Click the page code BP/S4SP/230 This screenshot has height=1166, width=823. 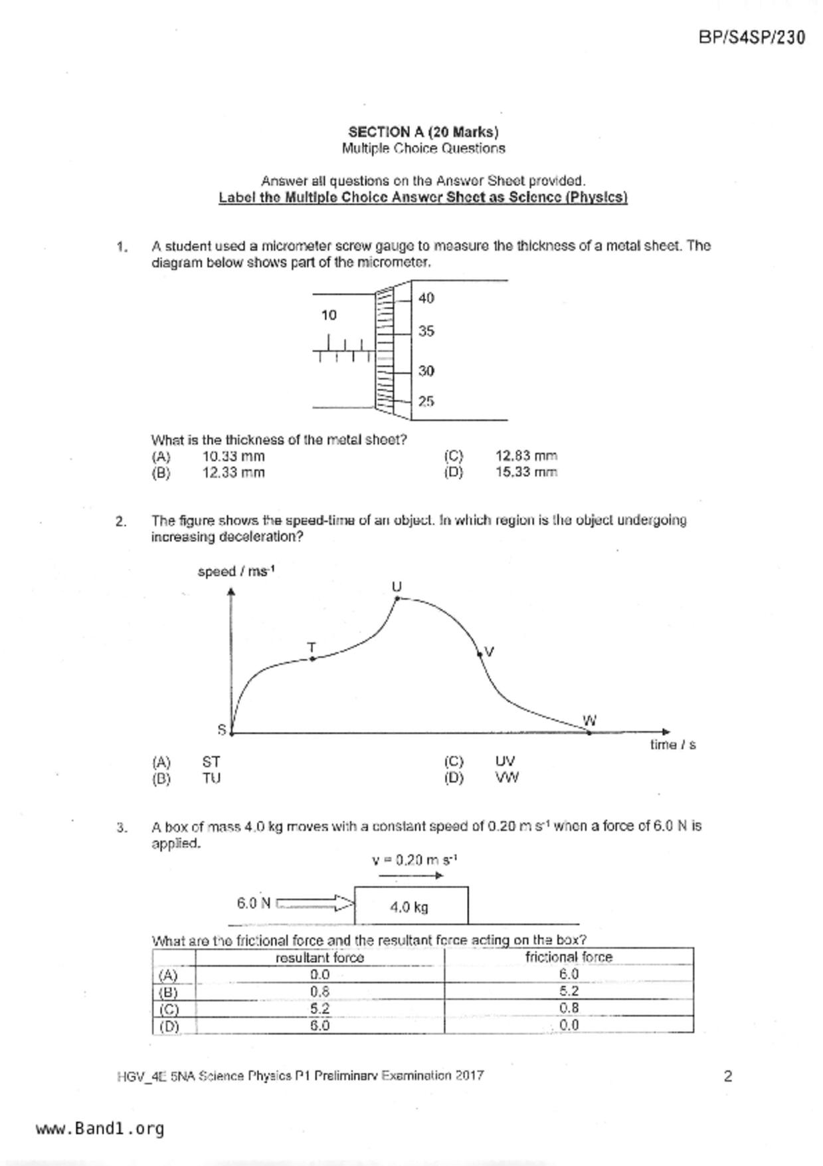click(752, 37)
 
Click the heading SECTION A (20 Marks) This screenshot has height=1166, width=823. click(423, 132)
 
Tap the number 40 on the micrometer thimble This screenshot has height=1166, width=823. click(426, 298)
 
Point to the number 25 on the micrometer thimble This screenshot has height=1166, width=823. click(426, 402)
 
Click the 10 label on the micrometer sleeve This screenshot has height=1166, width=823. click(329, 315)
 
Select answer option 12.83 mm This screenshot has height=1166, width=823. click(526, 456)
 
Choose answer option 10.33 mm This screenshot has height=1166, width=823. click(233, 456)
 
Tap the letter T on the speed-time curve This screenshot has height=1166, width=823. click(311, 647)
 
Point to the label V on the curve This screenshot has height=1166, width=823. click(490, 651)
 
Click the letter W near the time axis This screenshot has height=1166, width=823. click(589, 721)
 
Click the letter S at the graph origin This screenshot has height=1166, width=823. click(222, 730)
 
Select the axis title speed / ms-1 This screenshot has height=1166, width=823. click(236, 572)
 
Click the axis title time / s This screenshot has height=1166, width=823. click(672, 745)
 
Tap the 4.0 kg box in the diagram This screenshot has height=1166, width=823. click(411, 906)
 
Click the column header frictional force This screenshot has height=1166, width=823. click(569, 957)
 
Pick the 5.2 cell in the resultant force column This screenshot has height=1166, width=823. click(320, 1008)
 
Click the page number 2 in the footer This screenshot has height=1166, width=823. click(728, 1076)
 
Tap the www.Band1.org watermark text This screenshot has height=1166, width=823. click(100, 1129)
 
